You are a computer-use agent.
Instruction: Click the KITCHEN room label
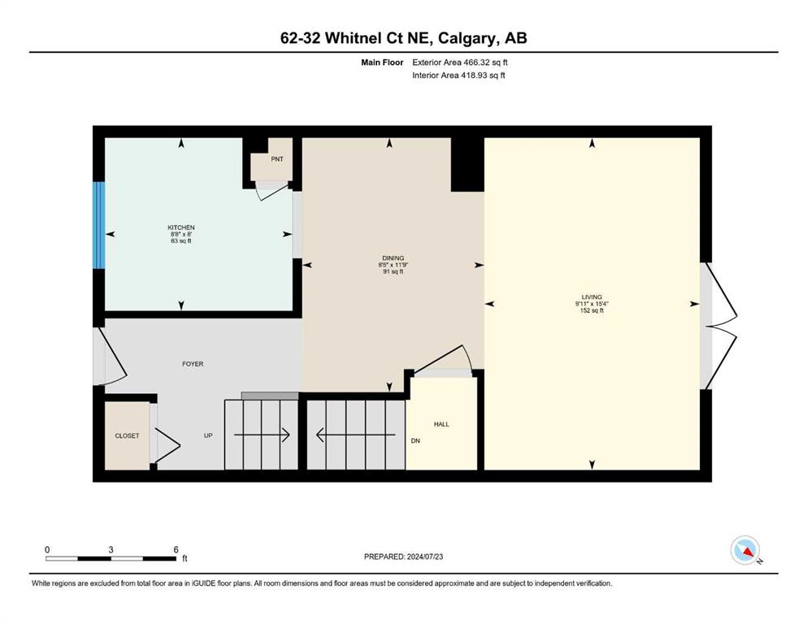pyautogui.click(x=181, y=227)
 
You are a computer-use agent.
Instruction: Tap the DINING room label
pyautogui.click(x=393, y=258)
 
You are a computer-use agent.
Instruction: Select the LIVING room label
pyautogui.click(x=592, y=297)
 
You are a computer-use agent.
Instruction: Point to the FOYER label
pyautogui.click(x=193, y=364)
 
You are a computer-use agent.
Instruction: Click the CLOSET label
pyautogui.click(x=127, y=435)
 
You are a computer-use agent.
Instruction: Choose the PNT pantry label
pyautogui.click(x=277, y=159)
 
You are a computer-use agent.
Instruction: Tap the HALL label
pyautogui.click(x=441, y=424)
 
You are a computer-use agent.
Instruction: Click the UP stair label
pyautogui.click(x=208, y=435)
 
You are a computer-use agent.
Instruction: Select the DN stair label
pyautogui.click(x=415, y=441)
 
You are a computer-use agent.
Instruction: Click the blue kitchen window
pyautogui.click(x=99, y=225)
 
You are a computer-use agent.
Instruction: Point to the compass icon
pyautogui.click(x=745, y=550)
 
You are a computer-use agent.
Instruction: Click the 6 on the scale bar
pyautogui.click(x=176, y=549)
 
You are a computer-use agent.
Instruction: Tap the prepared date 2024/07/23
pyautogui.click(x=425, y=557)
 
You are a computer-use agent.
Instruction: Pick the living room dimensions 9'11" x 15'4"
pyautogui.click(x=592, y=304)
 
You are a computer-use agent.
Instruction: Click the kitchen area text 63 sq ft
pyautogui.click(x=181, y=240)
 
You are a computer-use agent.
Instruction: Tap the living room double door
pyautogui.click(x=719, y=326)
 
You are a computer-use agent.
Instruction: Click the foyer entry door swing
pyautogui.click(x=111, y=356)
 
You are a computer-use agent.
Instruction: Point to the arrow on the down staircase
pyautogui.click(x=356, y=435)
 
